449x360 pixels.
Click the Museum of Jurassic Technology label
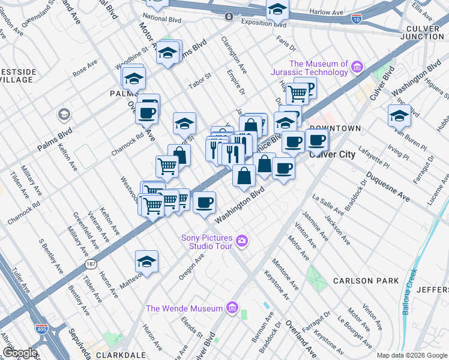[318, 68]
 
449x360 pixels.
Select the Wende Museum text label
[185, 308]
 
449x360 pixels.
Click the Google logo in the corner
[19, 353]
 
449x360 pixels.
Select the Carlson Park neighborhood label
[367, 280]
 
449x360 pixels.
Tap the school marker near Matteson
[146, 261]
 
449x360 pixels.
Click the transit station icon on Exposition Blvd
[229, 17]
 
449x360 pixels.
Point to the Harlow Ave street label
[327, 11]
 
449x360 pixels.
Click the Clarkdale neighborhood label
[116, 355]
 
